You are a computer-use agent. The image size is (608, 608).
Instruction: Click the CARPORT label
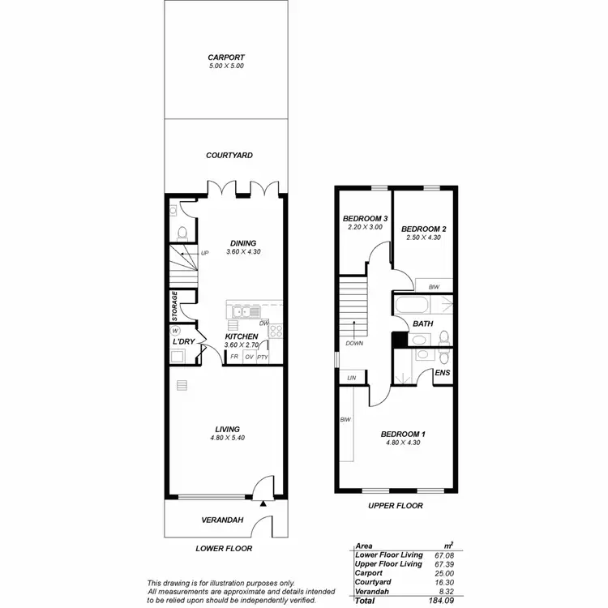point(225,58)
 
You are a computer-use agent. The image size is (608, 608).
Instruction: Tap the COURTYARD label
point(229,155)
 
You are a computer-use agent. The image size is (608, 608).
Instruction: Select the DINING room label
point(243,242)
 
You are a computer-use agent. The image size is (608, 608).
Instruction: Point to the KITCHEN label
point(242,336)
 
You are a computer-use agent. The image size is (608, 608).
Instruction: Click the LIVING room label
point(227,429)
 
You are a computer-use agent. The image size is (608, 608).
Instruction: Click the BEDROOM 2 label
point(424,229)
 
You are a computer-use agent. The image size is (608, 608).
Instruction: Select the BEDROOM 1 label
point(403,435)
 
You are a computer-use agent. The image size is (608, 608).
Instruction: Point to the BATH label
point(422,323)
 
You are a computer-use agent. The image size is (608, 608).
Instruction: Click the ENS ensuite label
point(443,373)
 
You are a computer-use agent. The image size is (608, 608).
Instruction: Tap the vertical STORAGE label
point(174,306)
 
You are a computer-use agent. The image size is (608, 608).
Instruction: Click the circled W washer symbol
point(174,332)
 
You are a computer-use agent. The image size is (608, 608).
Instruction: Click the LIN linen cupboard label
point(352,378)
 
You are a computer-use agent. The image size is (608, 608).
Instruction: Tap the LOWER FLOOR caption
point(224,549)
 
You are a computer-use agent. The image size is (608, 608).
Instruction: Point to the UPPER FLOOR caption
point(395,506)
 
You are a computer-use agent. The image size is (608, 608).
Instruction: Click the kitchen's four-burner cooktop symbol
point(275,331)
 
